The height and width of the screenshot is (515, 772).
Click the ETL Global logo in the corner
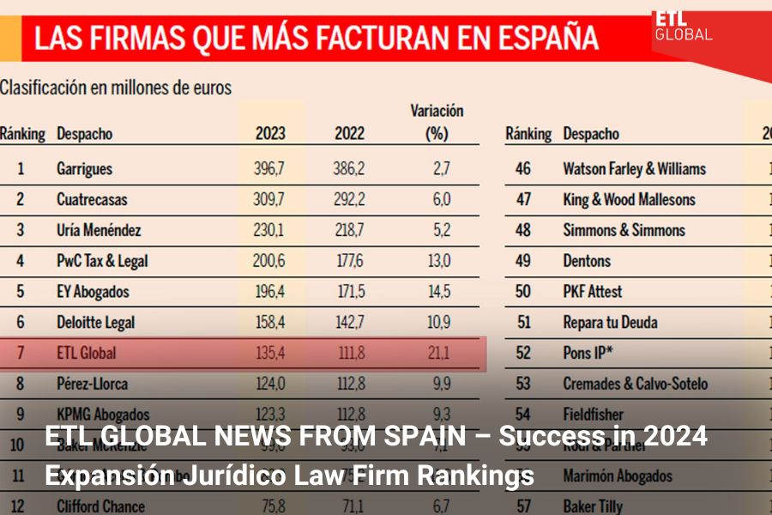pyautogui.click(x=682, y=26)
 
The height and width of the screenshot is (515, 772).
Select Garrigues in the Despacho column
pyautogui.click(x=84, y=168)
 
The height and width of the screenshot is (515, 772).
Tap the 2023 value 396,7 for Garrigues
pyautogui.click(x=269, y=168)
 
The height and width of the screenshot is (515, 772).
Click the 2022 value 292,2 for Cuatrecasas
pyautogui.click(x=349, y=199)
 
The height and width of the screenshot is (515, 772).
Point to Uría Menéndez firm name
pyautogui.click(x=99, y=230)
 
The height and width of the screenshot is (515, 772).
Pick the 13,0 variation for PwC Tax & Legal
pyautogui.click(x=439, y=261)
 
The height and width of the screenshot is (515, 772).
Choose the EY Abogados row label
pyautogui.click(x=93, y=292)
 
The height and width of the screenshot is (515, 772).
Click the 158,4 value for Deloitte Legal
pyautogui.click(x=269, y=323)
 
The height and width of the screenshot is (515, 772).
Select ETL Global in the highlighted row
pyautogui.click(x=86, y=353)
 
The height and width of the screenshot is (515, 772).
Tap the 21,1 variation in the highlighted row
pyautogui.click(x=439, y=353)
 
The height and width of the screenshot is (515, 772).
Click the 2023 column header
pyautogui.click(x=270, y=134)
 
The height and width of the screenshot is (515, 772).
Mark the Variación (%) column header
pyautogui.click(x=437, y=122)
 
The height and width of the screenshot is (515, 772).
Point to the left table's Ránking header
pyautogui.click(x=22, y=134)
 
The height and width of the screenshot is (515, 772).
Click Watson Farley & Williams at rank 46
pyautogui.click(x=634, y=168)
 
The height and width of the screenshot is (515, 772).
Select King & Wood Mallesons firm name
pyautogui.click(x=629, y=199)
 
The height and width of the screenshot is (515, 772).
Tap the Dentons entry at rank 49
pyautogui.click(x=587, y=261)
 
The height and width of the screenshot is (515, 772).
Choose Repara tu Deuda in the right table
pyautogui.click(x=610, y=323)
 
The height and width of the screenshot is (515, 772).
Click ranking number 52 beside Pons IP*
pyautogui.click(x=522, y=353)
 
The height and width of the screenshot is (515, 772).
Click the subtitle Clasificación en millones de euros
pyautogui.click(x=116, y=87)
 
